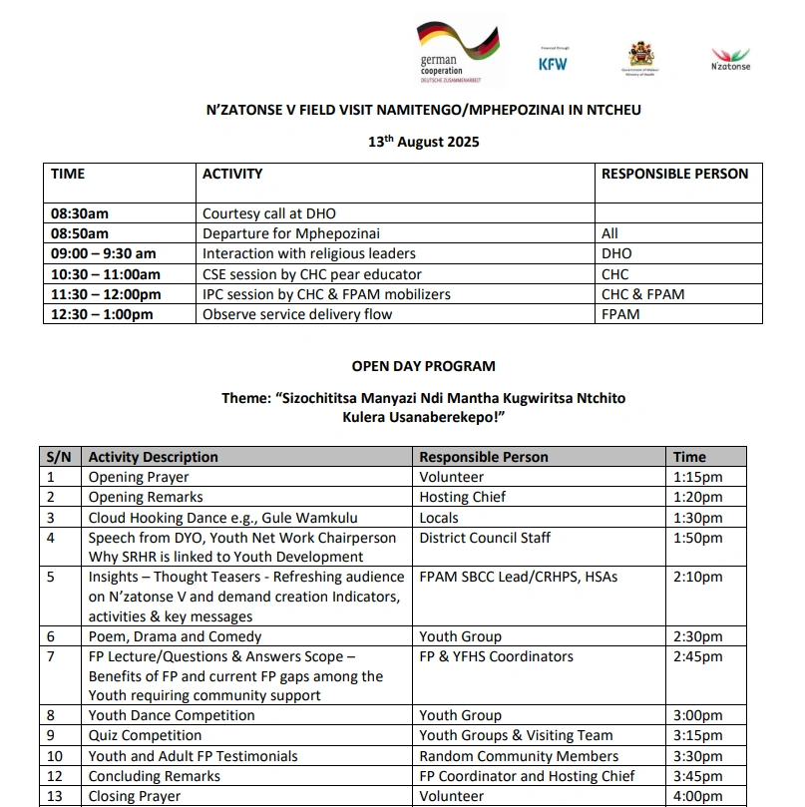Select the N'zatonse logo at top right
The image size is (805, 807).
[730, 59]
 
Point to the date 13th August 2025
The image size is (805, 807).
[423, 142]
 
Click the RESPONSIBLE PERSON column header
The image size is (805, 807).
[674, 174]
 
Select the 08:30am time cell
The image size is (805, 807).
[80, 213]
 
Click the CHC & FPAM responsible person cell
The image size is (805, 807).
[642, 294]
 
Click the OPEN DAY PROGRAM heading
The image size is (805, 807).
[423, 366]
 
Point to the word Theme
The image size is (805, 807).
[244, 398]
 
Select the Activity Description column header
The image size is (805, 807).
[153, 457]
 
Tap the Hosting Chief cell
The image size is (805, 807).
[462, 497]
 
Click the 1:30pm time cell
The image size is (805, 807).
[698, 518]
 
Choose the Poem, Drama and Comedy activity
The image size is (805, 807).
[175, 636]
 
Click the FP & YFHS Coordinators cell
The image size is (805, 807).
[496, 656]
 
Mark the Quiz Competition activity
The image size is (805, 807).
[145, 735]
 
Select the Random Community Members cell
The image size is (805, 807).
[519, 756]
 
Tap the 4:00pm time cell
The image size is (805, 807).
[698, 796]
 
